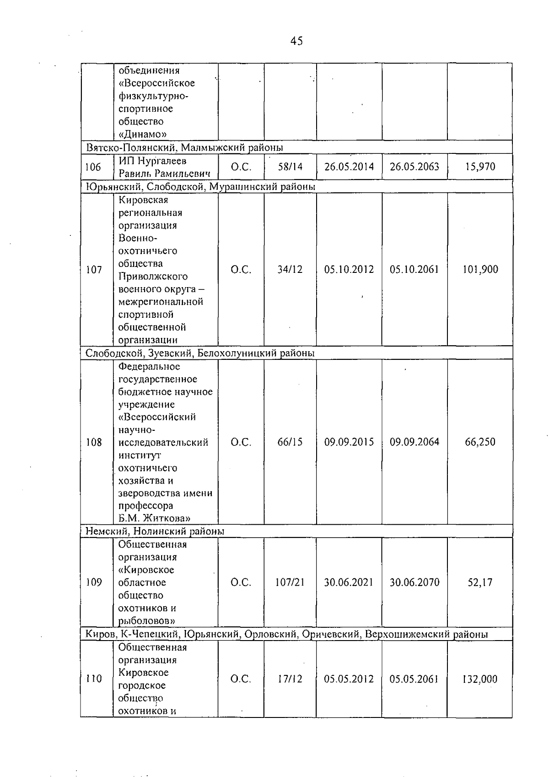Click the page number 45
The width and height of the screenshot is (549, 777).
pyautogui.click(x=296, y=41)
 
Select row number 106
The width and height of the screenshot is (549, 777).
pyautogui.click(x=93, y=167)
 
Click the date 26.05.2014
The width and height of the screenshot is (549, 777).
pyautogui.click(x=349, y=167)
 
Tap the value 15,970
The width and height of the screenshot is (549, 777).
pyautogui.click(x=480, y=167)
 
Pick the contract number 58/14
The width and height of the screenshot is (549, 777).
pyautogui.click(x=290, y=167)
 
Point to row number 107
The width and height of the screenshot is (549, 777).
pyautogui.click(x=94, y=270)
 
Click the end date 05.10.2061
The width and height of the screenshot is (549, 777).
pyautogui.click(x=414, y=270)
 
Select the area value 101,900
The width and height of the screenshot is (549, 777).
pyautogui.click(x=480, y=270)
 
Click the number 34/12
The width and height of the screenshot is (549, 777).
pyautogui.click(x=290, y=270)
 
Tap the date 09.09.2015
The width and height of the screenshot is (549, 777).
pyautogui.click(x=349, y=442)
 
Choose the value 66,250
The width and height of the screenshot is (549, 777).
pyautogui.click(x=480, y=442)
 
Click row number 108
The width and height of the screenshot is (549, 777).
pyautogui.click(x=94, y=442)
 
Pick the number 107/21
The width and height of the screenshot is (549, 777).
pyautogui.click(x=290, y=582)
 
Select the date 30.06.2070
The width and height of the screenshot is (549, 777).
pyautogui.click(x=414, y=582)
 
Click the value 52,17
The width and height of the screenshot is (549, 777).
pyautogui.click(x=480, y=582)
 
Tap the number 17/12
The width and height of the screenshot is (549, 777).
pyautogui.click(x=290, y=679)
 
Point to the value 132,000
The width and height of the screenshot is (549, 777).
pyautogui.click(x=480, y=679)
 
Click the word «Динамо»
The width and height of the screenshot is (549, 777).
pyautogui.click(x=142, y=134)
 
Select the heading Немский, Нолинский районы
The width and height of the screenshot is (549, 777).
pyautogui.click(x=155, y=531)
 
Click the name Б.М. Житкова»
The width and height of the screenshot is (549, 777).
pyautogui.click(x=154, y=518)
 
